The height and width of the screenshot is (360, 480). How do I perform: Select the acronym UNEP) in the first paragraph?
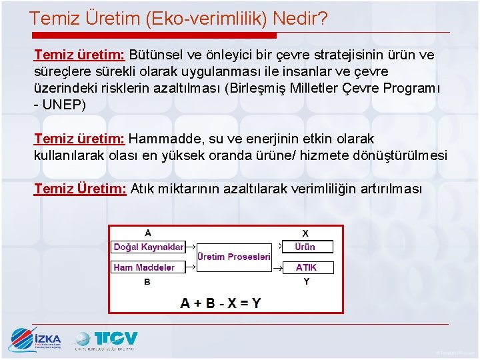64,105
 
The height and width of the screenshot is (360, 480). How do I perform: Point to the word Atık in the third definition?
141,189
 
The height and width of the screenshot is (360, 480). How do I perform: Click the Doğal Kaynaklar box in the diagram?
148,247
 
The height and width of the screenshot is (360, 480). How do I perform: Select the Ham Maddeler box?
144,267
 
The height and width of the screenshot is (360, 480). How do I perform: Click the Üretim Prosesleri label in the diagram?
233,257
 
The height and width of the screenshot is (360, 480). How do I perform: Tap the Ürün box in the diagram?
305,247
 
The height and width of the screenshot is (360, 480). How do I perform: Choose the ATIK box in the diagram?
306,267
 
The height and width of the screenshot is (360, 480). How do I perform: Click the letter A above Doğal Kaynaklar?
147,233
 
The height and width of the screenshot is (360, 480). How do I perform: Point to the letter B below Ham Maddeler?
147,281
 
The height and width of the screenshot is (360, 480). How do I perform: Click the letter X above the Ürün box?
305,233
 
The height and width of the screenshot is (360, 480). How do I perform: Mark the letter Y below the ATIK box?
306,281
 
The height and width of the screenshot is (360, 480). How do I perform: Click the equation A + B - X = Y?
221,303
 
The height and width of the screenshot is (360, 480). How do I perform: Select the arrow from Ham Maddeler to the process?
190,267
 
